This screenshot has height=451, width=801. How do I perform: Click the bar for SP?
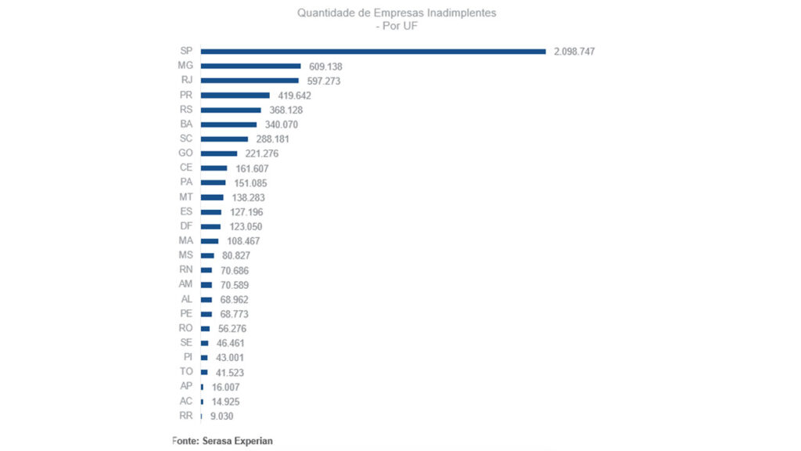373,52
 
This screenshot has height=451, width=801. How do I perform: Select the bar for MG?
250,67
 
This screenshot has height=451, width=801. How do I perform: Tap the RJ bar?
250,81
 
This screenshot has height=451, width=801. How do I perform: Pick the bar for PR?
235,96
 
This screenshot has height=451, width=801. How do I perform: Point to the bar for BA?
228,124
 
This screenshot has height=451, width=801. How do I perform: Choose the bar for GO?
219,153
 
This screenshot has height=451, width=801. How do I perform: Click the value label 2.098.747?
575,52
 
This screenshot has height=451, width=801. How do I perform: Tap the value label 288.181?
273,139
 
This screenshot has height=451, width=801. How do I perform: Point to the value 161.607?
252,168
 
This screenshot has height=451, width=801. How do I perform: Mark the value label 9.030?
222,417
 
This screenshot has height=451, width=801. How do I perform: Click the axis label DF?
186,226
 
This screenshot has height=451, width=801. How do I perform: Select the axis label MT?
186,197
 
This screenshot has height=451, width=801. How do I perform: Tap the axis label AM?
186,284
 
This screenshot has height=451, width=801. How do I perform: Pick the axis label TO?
186,372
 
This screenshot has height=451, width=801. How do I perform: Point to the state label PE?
186,313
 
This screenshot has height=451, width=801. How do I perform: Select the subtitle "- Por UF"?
397,26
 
